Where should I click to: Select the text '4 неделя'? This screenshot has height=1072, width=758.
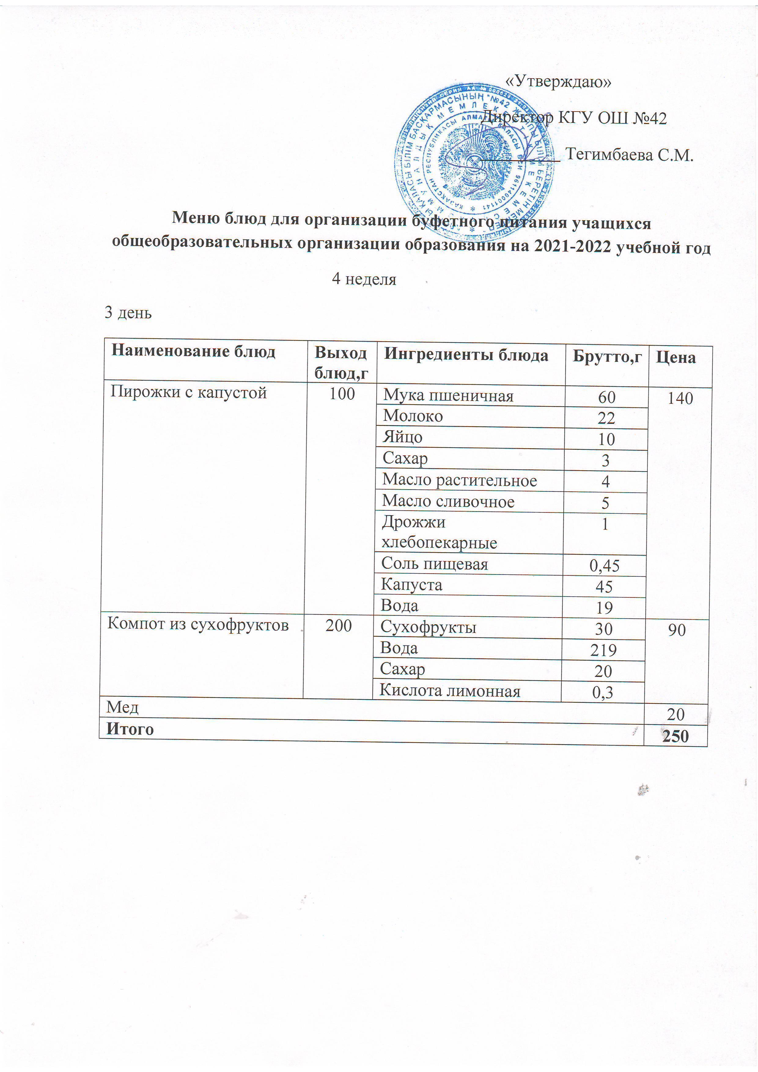(364, 279)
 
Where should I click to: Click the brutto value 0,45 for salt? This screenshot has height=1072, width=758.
(604, 566)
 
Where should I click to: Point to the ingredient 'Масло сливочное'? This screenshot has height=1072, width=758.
(448, 501)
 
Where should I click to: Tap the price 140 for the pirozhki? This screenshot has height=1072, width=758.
(680, 398)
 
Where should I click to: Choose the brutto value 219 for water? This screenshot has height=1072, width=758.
(603, 650)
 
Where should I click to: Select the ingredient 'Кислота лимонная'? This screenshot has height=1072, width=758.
(450, 691)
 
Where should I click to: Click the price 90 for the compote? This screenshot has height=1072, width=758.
(676, 630)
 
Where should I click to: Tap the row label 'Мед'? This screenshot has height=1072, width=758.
(122, 708)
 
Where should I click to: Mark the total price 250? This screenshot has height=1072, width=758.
(675, 736)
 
